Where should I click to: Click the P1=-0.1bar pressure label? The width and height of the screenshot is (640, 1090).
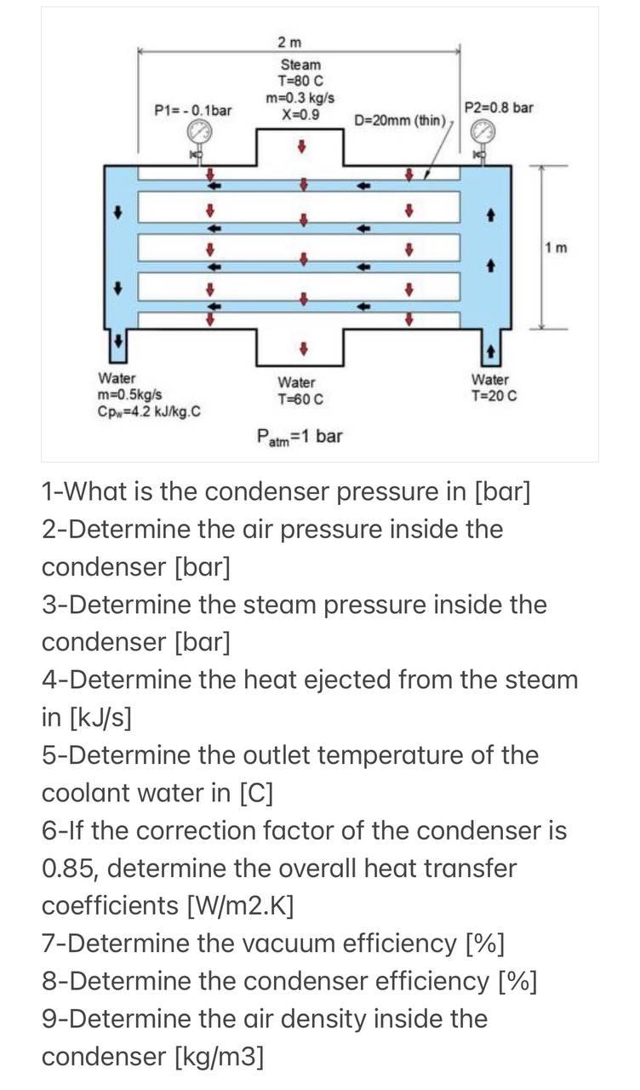pyautogui.click(x=193, y=111)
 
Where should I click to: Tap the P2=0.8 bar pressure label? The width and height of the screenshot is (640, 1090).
pyautogui.click(x=500, y=107)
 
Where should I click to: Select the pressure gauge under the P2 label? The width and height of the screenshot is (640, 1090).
pyautogui.click(x=483, y=132)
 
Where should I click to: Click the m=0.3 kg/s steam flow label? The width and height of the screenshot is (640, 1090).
pyautogui.click(x=300, y=98)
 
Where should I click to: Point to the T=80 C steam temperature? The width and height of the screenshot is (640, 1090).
pyautogui.click(x=301, y=81)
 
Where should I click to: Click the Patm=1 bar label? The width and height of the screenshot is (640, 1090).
pyautogui.click(x=300, y=438)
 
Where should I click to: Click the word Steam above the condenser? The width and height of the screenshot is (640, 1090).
pyautogui.click(x=301, y=65)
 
